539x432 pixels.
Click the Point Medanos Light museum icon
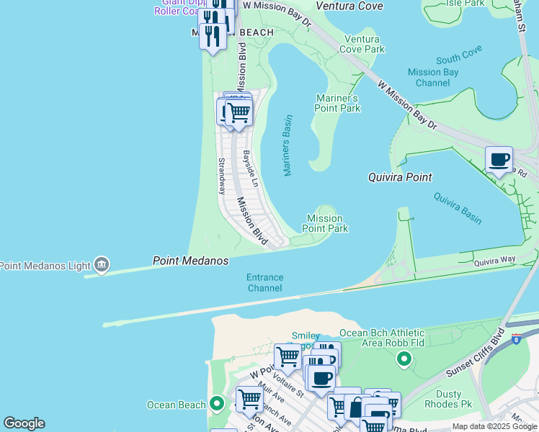102,266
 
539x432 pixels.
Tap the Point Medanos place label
190,261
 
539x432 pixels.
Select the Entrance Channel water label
264,282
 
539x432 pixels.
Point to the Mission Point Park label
324,223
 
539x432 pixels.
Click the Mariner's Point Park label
337,103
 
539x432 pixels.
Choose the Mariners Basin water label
287,145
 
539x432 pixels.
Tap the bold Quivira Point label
399,177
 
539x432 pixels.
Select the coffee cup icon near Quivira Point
498,160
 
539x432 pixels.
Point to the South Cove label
458,59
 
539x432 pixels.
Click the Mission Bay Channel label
433,77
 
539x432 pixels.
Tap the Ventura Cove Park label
364,44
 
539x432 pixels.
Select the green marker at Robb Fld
404,358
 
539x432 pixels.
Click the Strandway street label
222,176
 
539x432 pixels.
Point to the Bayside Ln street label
249,165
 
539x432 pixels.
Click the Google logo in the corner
24,423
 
